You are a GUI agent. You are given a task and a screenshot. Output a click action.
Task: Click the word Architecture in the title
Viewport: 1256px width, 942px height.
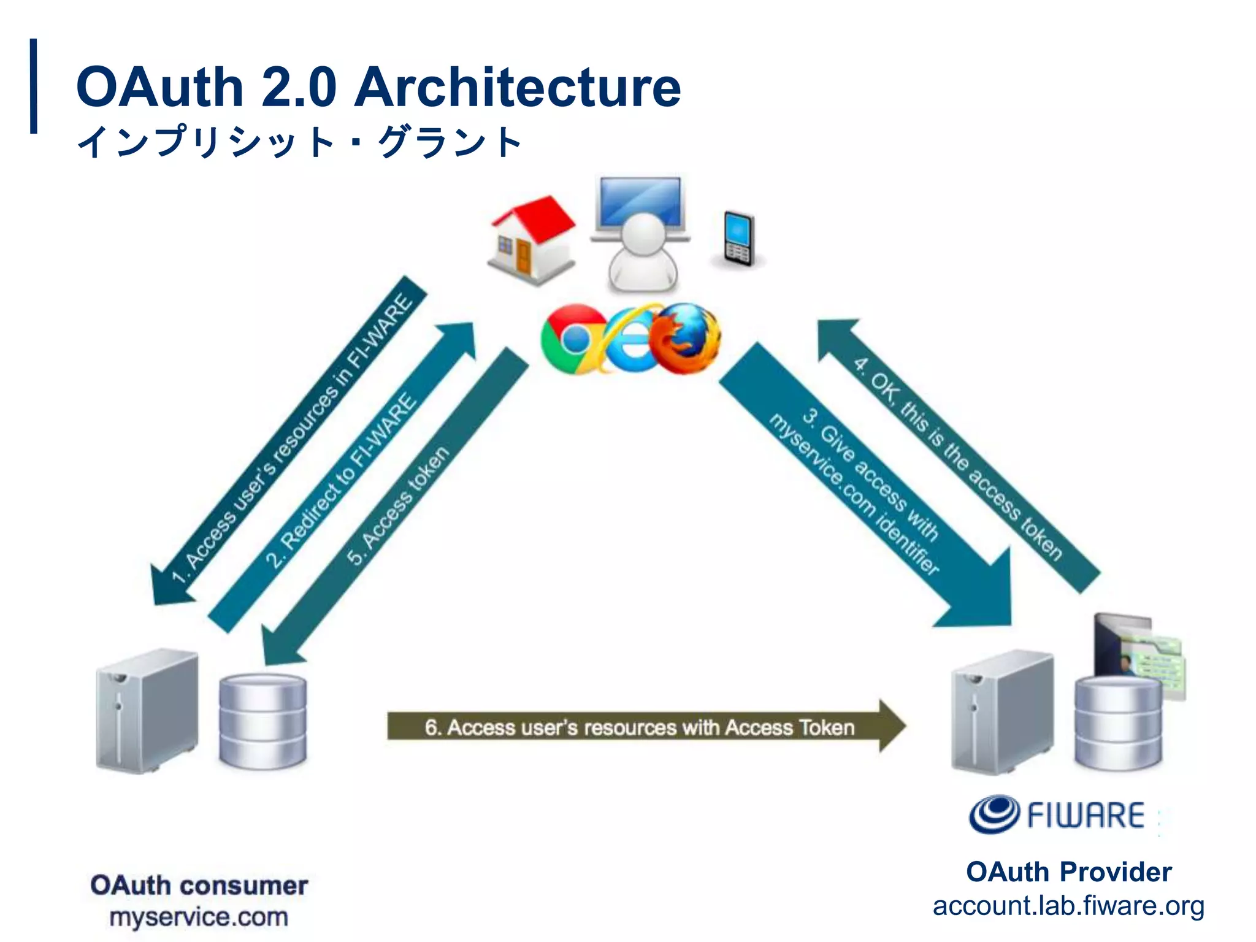[518, 87]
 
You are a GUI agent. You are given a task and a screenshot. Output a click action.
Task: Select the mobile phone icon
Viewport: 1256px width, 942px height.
[738, 239]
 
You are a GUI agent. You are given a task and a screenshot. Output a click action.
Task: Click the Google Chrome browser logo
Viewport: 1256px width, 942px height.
[573, 339]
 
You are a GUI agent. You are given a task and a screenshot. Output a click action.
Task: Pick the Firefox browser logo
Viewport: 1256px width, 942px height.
[686, 339]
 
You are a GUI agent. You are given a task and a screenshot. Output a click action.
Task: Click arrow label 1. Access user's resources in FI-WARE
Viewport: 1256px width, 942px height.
[291, 438]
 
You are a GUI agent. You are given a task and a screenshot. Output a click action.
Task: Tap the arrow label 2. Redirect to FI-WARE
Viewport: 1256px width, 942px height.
[341, 481]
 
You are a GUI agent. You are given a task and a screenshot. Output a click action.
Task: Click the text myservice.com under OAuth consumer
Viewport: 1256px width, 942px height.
[199, 917]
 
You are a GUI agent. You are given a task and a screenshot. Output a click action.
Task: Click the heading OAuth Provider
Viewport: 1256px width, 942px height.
[1068, 872]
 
